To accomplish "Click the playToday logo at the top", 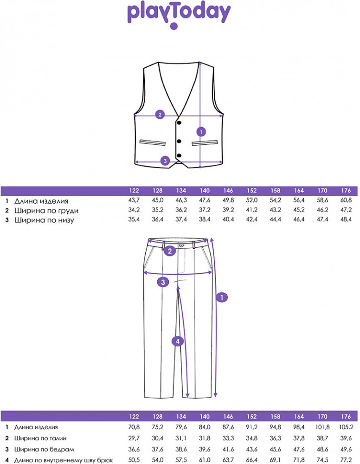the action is [179, 16].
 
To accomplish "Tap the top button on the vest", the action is [179, 122].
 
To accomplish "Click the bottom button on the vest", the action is [179, 155].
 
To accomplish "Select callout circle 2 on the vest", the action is [160, 115].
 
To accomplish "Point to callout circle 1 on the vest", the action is [201, 132].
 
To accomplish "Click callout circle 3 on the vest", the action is [165, 161].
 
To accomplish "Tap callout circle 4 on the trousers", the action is [178, 342].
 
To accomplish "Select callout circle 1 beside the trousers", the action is [222, 297].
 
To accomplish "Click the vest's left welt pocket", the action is [153, 142].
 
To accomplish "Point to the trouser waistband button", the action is [181, 245].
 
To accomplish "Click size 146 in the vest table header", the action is [228, 191].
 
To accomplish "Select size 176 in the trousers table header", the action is [346, 417].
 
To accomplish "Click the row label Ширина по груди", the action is [46, 211].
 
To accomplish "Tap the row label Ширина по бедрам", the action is [44, 450].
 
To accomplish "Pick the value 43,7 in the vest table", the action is [134, 200].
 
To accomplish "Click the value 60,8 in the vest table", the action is [346, 200].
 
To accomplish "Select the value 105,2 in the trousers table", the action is [346, 427].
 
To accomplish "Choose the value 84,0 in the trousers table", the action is [205, 427].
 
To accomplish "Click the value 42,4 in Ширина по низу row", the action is [252, 219].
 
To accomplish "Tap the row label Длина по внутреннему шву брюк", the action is [64, 460].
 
